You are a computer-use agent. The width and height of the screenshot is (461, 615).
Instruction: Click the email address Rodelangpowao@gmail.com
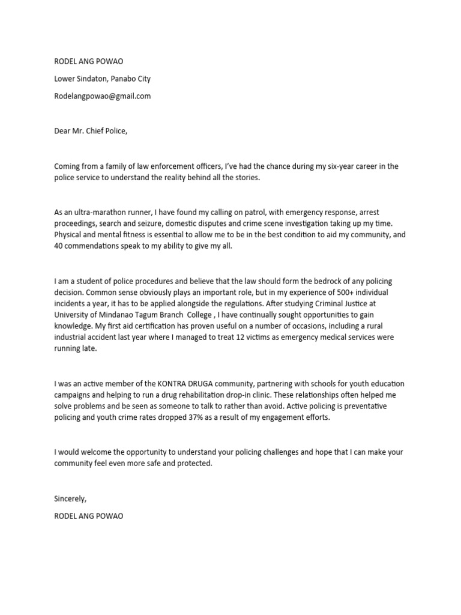(102, 96)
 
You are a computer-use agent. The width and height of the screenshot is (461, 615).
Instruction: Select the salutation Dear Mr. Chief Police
(91, 132)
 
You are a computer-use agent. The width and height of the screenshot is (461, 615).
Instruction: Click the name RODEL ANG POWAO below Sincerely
(88, 516)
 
